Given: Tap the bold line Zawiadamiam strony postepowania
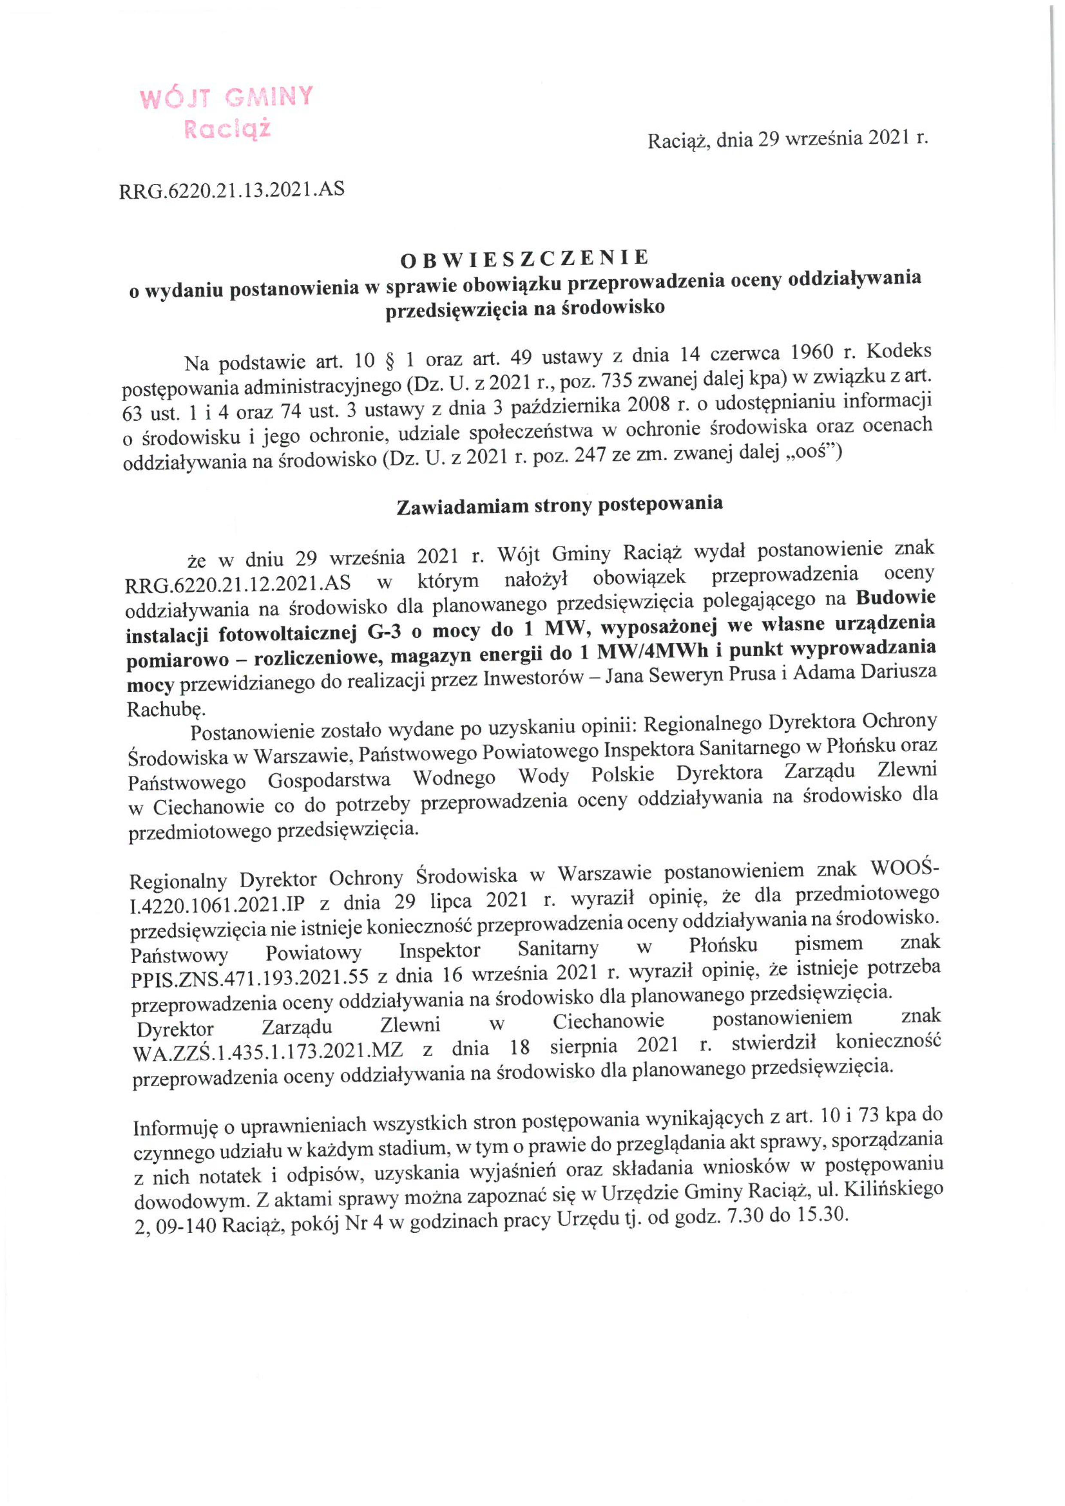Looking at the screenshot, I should click(x=560, y=505).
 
